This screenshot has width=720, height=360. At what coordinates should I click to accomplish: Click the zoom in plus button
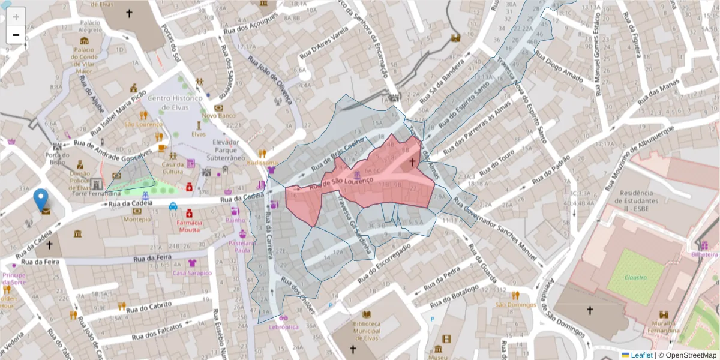coord(16,16)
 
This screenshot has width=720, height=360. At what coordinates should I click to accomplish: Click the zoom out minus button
coord(16,35)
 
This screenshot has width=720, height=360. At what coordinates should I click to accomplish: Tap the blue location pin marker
coord(41,200)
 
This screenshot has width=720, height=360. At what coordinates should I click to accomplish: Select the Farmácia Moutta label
coord(188,226)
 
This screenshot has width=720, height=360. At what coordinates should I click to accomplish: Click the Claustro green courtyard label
coord(635,277)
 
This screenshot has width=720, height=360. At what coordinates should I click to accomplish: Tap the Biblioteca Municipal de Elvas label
coord(367,327)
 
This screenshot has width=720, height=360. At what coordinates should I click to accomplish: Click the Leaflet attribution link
coord(641,355)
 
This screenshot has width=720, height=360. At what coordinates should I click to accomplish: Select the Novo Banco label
coord(214,115)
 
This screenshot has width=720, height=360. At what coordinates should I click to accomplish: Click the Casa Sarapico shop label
coord(192,273)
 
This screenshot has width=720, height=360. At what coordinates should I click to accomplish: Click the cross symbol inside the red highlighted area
coord(412,161)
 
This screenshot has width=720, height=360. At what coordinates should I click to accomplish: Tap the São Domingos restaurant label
coord(515,304)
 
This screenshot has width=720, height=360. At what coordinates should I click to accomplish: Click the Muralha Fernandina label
coord(664,326)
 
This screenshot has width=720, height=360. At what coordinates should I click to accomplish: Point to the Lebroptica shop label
coord(283,327)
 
